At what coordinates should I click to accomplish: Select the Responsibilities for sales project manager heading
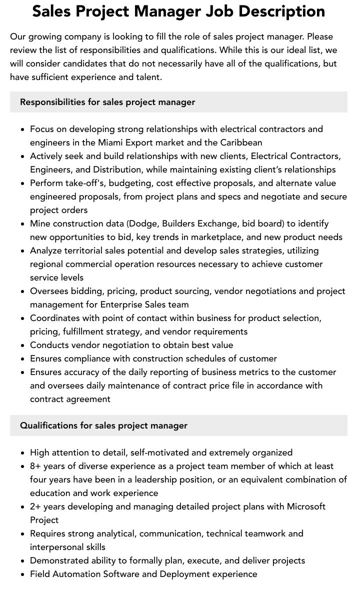coord(107,102)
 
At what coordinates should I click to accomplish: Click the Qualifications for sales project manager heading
coord(103,425)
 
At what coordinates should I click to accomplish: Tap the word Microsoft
coord(306,506)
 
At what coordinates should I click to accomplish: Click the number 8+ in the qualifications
coord(35,466)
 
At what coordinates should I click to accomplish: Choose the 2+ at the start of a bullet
coord(35,506)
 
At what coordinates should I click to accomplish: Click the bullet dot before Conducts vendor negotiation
coord(22,345)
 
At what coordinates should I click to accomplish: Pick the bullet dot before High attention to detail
coord(22,452)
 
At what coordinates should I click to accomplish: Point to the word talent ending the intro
coord(147,77)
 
